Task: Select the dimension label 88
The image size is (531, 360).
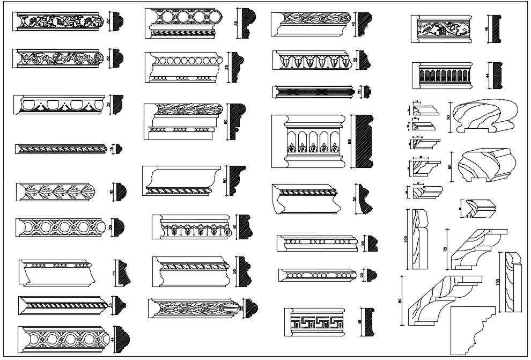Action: (x=350, y=142)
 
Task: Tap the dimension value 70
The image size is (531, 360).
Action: (x=445, y=249)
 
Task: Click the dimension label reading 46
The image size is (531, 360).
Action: (x=486, y=30)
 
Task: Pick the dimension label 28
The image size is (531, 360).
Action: (x=363, y=243)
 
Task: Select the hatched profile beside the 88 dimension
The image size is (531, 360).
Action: (x=363, y=141)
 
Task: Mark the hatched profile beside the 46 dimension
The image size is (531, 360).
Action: (x=498, y=30)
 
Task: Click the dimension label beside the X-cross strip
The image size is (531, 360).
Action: (x=360, y=92)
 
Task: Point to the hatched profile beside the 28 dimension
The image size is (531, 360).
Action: (x=371, y=243)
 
